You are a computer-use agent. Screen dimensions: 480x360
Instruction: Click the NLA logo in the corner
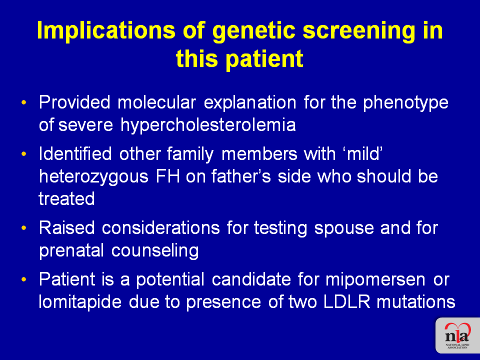[x=457, y=335]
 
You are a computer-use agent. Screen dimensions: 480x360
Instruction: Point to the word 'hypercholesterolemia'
[x=208, y=125]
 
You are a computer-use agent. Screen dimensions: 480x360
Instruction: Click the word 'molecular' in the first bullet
[x=156, y=102]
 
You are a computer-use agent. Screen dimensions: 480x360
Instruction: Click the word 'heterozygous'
[x=93, y=176]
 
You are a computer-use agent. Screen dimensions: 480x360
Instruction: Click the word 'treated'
[x=66, y=199]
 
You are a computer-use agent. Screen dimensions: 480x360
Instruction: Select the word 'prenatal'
[x=71, y=250]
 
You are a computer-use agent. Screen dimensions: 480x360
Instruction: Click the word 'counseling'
[x=155, y=250]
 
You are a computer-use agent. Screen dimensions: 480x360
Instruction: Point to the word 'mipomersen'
[x=375, y=280]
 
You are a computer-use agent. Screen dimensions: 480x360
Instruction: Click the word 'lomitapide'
[x=80, y=302]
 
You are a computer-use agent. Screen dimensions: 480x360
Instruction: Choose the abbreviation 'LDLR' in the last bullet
[x=346, y=302]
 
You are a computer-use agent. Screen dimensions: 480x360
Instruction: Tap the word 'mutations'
[x=416, y=302]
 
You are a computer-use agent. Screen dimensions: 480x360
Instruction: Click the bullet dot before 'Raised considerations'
[x=24, y=228]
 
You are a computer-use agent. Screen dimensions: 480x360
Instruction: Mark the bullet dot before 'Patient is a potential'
[x=24, y=279]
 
